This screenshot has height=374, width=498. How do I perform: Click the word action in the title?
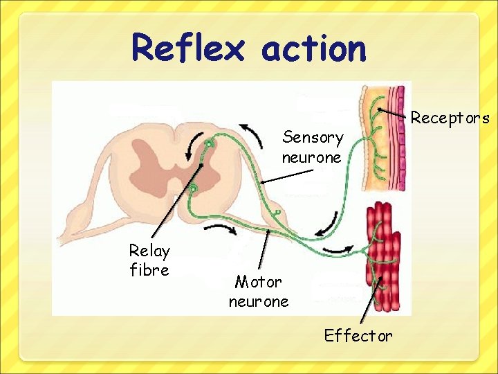click(x=314, y=48)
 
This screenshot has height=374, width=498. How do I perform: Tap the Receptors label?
click(x=450, y=118)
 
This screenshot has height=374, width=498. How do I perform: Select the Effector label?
click(x=358, y=336)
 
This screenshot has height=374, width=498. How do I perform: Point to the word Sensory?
click(x=313, y=138)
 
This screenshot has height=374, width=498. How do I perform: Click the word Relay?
click(x=149, y=251)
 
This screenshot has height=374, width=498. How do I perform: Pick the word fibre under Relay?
click(x=149, y=270)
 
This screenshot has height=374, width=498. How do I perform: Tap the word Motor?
click(x=259, y=282)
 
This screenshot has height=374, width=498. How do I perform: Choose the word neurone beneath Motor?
click(x=259, y=302)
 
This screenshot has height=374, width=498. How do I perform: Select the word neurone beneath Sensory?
click(x=311, y=157)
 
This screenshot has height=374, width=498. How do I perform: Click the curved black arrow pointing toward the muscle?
click(x=340, y=248)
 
